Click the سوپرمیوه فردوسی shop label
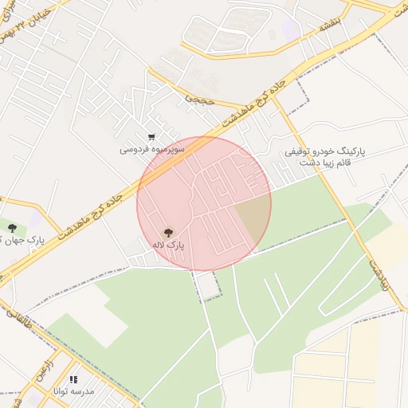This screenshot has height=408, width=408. tap(152, 149)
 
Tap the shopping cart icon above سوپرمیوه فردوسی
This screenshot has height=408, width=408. tap(151, 137)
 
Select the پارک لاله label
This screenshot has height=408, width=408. tap(168, 245)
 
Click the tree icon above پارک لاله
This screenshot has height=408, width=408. tap(167, 232)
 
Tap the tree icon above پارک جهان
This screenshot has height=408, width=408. tap(10, 229)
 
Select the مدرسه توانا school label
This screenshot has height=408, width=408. tap(74, 392)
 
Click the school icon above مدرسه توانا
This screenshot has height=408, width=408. tap(73, 380)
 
